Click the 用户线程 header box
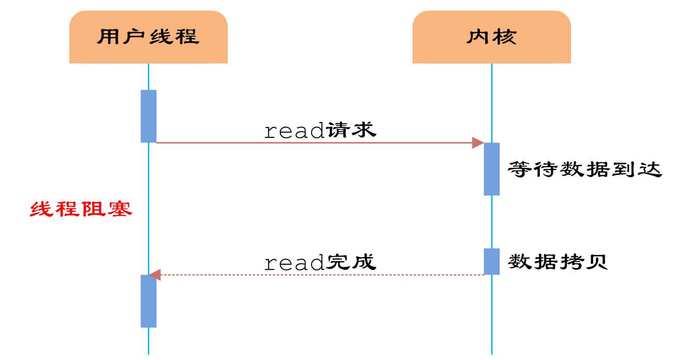[149, 37]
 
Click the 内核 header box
[491, 37]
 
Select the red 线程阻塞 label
[81, 209]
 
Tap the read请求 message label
[320, 131]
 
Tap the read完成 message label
[320, 263]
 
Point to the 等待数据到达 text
[585, 169]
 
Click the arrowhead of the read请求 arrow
[478, 142]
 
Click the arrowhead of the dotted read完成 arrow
[155, 275]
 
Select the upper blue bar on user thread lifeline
[149, 116]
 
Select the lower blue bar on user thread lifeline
[149, 301]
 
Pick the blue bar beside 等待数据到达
[491, 169]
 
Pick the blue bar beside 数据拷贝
[491, 262]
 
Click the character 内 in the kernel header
[478, 37]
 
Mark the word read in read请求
[294, 132]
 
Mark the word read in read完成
[294, 264]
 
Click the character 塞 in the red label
[119, 209]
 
